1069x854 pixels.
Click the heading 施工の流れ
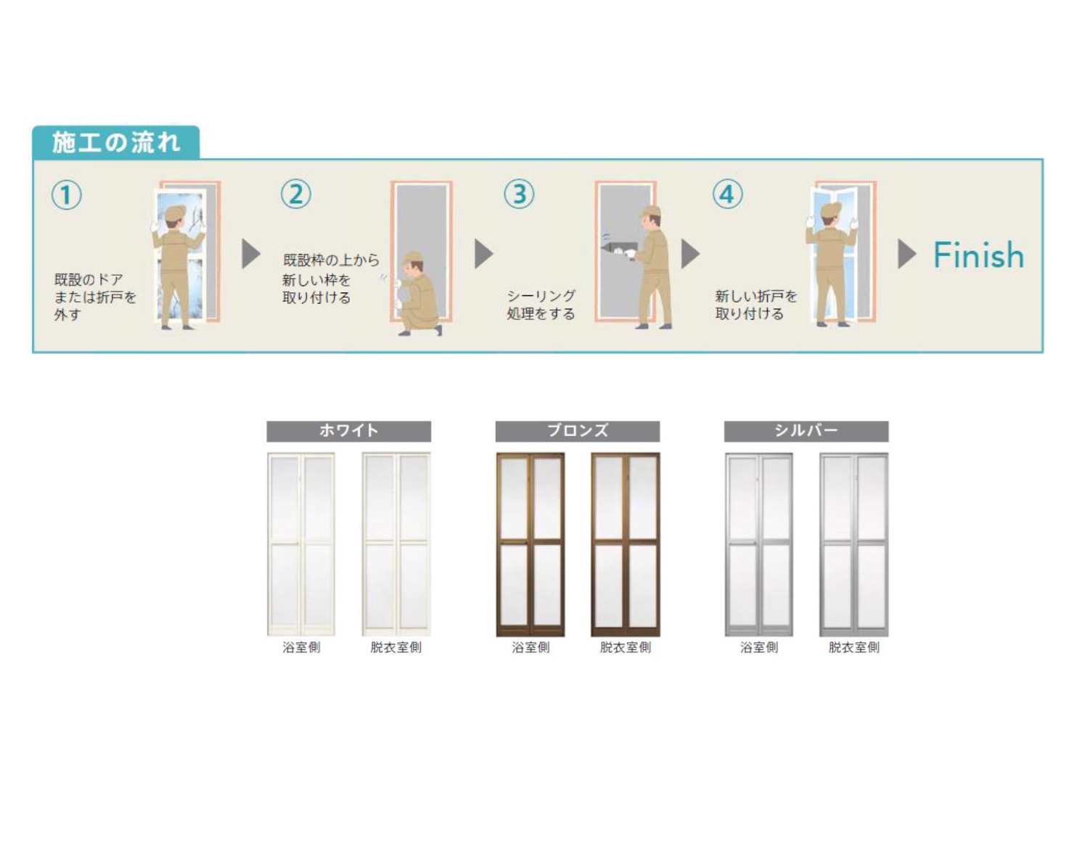pos(115,143)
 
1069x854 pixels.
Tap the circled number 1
pos(67,194)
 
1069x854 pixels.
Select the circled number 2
pos(296,194)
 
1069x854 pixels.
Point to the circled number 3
pos(519,194)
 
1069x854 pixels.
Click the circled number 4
pos(728,194)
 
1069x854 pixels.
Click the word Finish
pos(978,255)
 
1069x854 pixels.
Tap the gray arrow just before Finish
pos(907,254)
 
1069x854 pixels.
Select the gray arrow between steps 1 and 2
pos(251,254)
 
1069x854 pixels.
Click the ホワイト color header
pos(349,431)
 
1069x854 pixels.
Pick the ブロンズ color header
pos(578,431)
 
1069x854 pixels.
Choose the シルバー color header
pos(806,431)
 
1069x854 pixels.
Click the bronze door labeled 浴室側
pos(531,544)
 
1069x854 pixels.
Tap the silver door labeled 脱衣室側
pos(854,544)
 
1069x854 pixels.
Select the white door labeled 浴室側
pos(301,544)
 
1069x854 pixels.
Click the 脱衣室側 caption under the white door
pos(396,647)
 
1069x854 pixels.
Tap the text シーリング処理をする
pos(541,305)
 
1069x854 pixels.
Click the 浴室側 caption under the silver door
pos(759,647)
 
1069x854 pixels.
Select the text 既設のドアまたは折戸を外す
pos(95,297)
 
